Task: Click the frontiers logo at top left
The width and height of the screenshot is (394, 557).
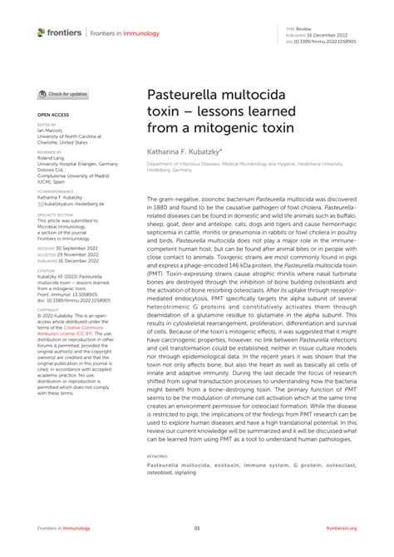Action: point(60,32)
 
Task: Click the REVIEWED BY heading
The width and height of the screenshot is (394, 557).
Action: point(50,153)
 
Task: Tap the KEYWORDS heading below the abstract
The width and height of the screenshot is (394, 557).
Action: point(157,456)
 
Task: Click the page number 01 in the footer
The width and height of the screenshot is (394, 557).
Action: point(197,527)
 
